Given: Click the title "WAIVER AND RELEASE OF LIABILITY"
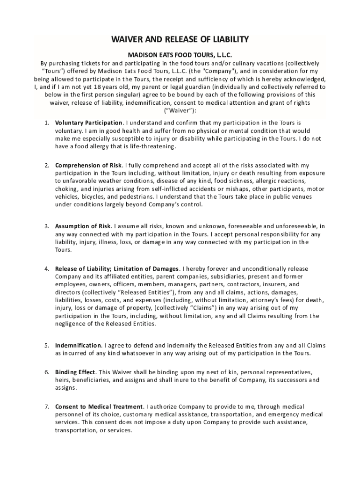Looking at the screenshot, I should click(x=180, y=39).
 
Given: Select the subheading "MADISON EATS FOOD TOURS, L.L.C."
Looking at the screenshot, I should click(x=180, y=55).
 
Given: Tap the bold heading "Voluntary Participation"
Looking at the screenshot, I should click(x=89, y=123).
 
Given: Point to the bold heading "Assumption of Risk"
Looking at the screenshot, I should click(x=83, y=226).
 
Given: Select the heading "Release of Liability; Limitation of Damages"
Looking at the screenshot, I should click(x=117, y=269).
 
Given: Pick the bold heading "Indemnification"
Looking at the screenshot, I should click(x=78, y=345).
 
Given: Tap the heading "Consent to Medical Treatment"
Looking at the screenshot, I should click(x=99, y=406).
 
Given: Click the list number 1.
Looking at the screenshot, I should click(x=47, y=123).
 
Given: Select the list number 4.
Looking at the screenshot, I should click(x=47, y=269).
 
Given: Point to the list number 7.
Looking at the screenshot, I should click(x=47, y=406).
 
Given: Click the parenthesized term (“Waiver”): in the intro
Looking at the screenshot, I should click(x=180, y=111).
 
